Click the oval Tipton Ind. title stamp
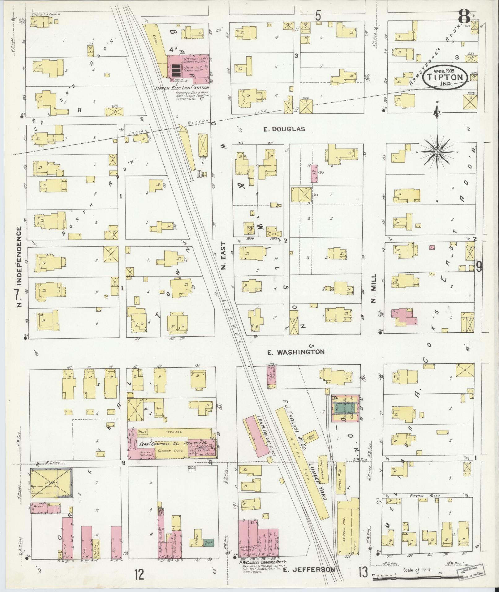point(445,76)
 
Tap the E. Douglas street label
point(284,129)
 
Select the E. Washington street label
point(296,352)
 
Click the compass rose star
point(437,152)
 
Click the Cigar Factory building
point(272,377)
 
